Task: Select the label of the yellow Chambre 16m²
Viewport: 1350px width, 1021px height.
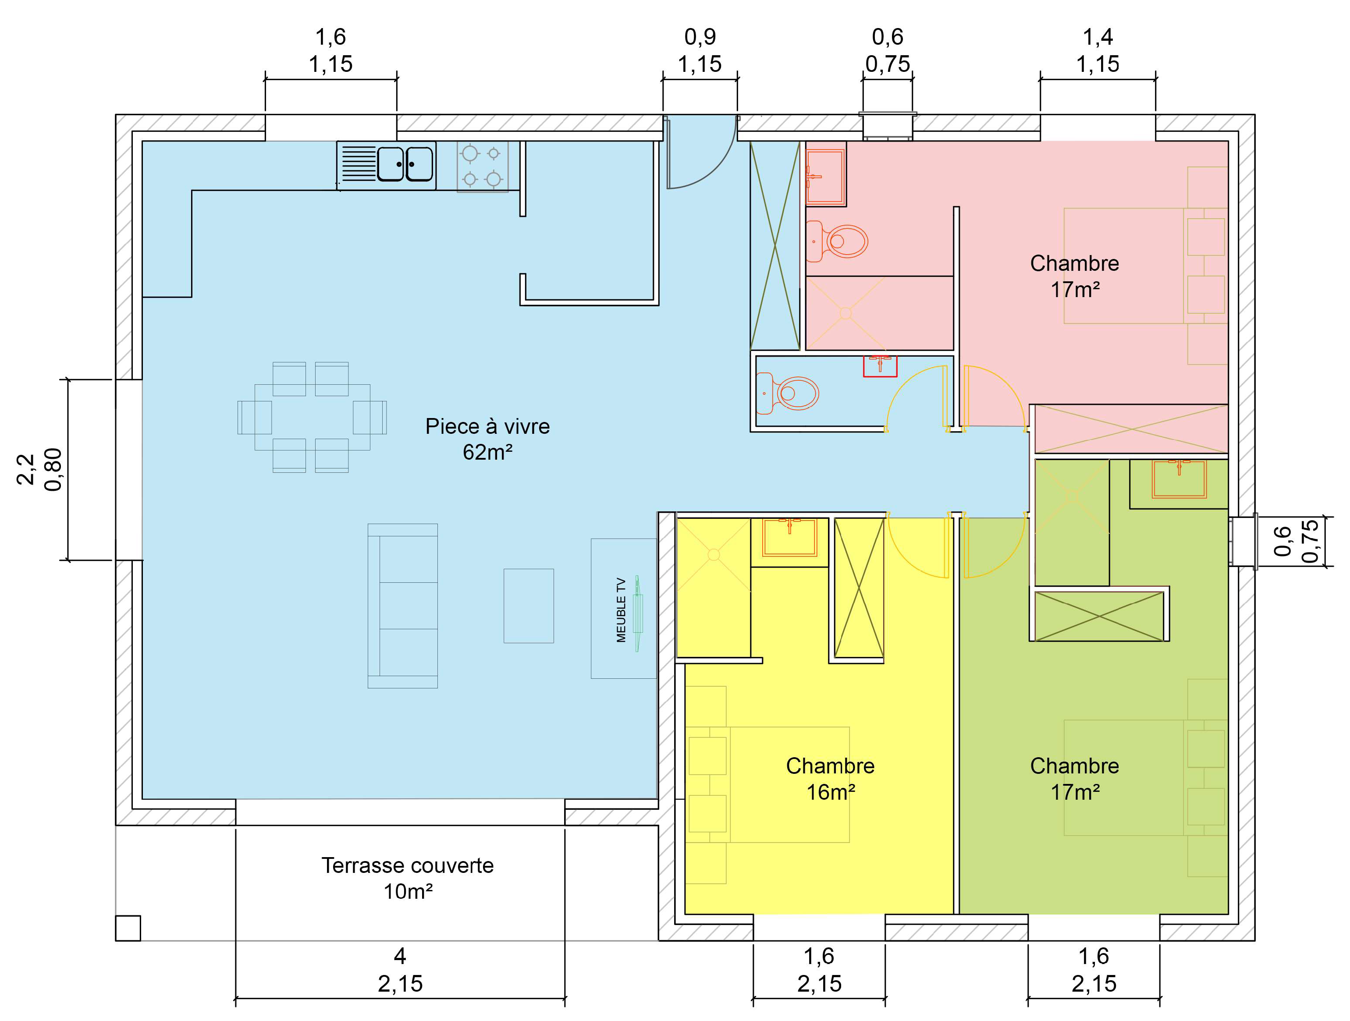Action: [x=830, y=779]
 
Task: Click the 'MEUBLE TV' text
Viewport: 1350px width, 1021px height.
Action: [x=621, y=610]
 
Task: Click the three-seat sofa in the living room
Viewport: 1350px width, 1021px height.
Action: [x=403, y=606]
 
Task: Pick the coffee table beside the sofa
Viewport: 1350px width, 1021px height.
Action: [x=529, y=606]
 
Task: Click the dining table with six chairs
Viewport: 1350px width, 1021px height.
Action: [x=312, y=418]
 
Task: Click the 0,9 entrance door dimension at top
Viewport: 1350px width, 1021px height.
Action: [x=700, y=37]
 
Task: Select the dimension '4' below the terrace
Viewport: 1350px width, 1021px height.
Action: [x=400, y=956]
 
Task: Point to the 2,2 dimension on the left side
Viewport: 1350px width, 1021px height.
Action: [x=25, y=469]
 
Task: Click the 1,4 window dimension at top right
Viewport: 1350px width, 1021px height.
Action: [x=1098, y=37]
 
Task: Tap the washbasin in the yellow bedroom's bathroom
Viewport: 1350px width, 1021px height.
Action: [x=790, y=538]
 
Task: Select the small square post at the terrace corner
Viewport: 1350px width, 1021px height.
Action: [x=128, y=928]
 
